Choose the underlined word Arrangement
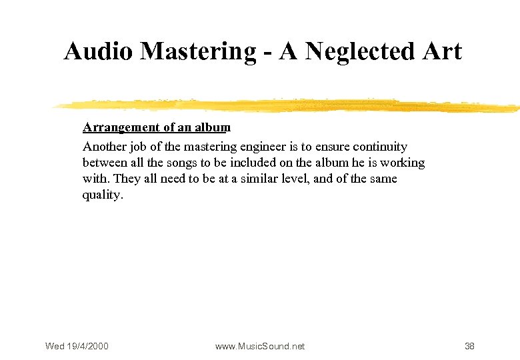pos(121,127)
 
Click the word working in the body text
pos(403,163)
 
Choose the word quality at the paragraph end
pos(102,195)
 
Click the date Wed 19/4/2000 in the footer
pos(77,346)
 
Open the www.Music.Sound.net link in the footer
pos(260,346)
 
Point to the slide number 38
pos(469,346)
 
